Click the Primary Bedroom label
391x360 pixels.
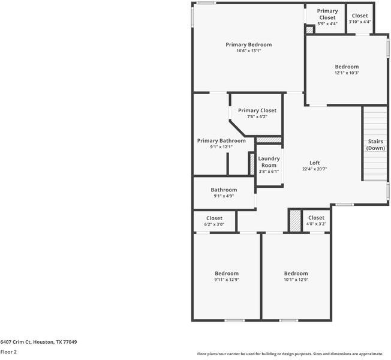coord(248,44)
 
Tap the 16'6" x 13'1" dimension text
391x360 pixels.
coord(248,51)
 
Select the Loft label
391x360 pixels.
coord(314,163)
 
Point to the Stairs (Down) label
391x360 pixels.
coord(375,145)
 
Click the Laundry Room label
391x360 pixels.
coord(269,162)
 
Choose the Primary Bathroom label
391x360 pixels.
coord(221,140)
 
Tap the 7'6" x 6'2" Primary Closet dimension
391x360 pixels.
coord(257,116)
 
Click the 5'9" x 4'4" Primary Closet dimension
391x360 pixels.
coord(327,23)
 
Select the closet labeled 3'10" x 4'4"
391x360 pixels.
coord(360,22)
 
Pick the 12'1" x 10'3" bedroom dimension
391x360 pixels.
coord(347,73)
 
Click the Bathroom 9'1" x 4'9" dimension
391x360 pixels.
coord(224,196)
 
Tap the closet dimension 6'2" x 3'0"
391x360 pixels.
coord(214,224)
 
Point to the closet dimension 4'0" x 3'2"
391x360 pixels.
coord(316,224)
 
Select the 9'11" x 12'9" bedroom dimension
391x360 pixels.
coord(227,280)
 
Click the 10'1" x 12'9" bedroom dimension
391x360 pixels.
coord(296,280)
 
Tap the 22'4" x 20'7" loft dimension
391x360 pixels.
coord(314,169)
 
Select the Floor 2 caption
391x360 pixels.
coord(8,352)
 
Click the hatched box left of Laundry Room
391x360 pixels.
coord(252,164)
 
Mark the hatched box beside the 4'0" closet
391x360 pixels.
coord(294,220)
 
